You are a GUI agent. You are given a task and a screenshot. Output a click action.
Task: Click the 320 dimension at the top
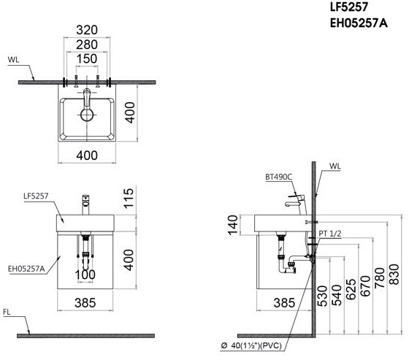[x=87, y=30]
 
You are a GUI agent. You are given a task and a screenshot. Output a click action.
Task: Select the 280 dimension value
[x=87, y=45]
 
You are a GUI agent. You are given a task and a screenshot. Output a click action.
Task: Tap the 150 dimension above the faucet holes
[x=87, y=58]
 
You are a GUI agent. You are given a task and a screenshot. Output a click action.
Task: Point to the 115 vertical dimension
[x=129, y=199]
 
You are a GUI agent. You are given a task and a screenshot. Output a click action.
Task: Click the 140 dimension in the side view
[x=232, y=225]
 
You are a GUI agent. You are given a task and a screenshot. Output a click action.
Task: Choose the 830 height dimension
[x=394, y=274]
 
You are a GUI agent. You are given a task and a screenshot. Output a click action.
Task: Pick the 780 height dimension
[x=380, y=277]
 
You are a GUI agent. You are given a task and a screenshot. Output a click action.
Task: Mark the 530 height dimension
[x=322, y=296]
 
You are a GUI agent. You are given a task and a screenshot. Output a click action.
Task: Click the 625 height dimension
[x=351, y=289]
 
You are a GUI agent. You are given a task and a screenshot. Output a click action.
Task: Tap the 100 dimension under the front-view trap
[x=85, y=275]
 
